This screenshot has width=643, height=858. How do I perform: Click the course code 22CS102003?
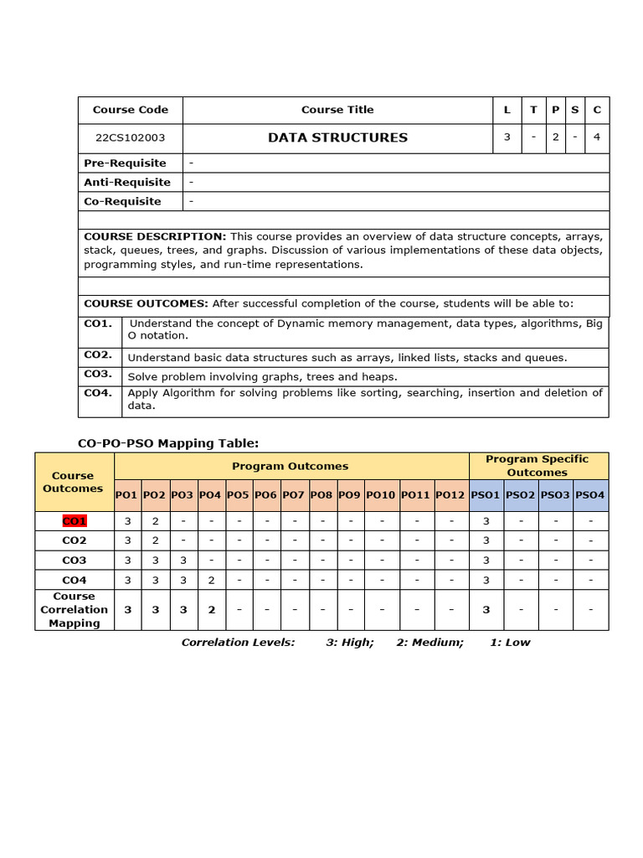pyautogui.click(x=130, y=138)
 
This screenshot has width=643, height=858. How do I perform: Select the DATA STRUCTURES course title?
pyautogui.click(x=337, y=137)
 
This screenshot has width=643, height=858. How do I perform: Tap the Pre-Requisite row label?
pyautogui.click(x=125, y=163)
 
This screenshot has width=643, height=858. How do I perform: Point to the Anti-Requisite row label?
pyautogui.click(x=126, y=182)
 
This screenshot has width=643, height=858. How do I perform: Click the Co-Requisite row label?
pyautogui.click(x=122, y=201)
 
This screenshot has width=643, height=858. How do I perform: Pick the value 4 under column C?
pyautogui.click(x=597, y=137)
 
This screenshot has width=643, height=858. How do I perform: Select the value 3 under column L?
pyautogui.click(x=507, y=137)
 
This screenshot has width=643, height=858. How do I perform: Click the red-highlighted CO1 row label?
pyautogui.click(x=75, y=521)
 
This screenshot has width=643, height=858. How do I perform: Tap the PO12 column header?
pyautogui.click(x=450, y=495)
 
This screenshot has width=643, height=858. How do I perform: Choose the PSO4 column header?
pyautogui.click(x=590, y=495)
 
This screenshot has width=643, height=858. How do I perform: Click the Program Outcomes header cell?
pyautogui.click(x=290, y=466)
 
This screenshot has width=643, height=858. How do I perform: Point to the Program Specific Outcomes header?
pyautogui.click(x=537, y=466)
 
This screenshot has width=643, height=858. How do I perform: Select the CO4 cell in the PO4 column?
pyautogui.click(x=211, y=580)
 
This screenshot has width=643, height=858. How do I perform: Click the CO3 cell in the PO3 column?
pyautogui.click(x=183, y=561)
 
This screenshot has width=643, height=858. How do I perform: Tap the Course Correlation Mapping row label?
pyautogui.click(x=75, y=610)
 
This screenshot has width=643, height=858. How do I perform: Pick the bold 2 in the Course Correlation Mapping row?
pyautogui.click(x=211, y=610)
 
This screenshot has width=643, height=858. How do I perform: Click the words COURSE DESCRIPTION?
pyautogui.click(x=155, y=237)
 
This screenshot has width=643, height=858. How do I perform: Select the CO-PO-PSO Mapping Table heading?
pyautogui.click(x=168, y=442)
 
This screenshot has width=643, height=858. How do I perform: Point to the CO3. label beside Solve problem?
pyautogui.click(x=98, y=374)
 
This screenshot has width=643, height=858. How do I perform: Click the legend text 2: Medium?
pyautogui.click(x=430, y=643)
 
